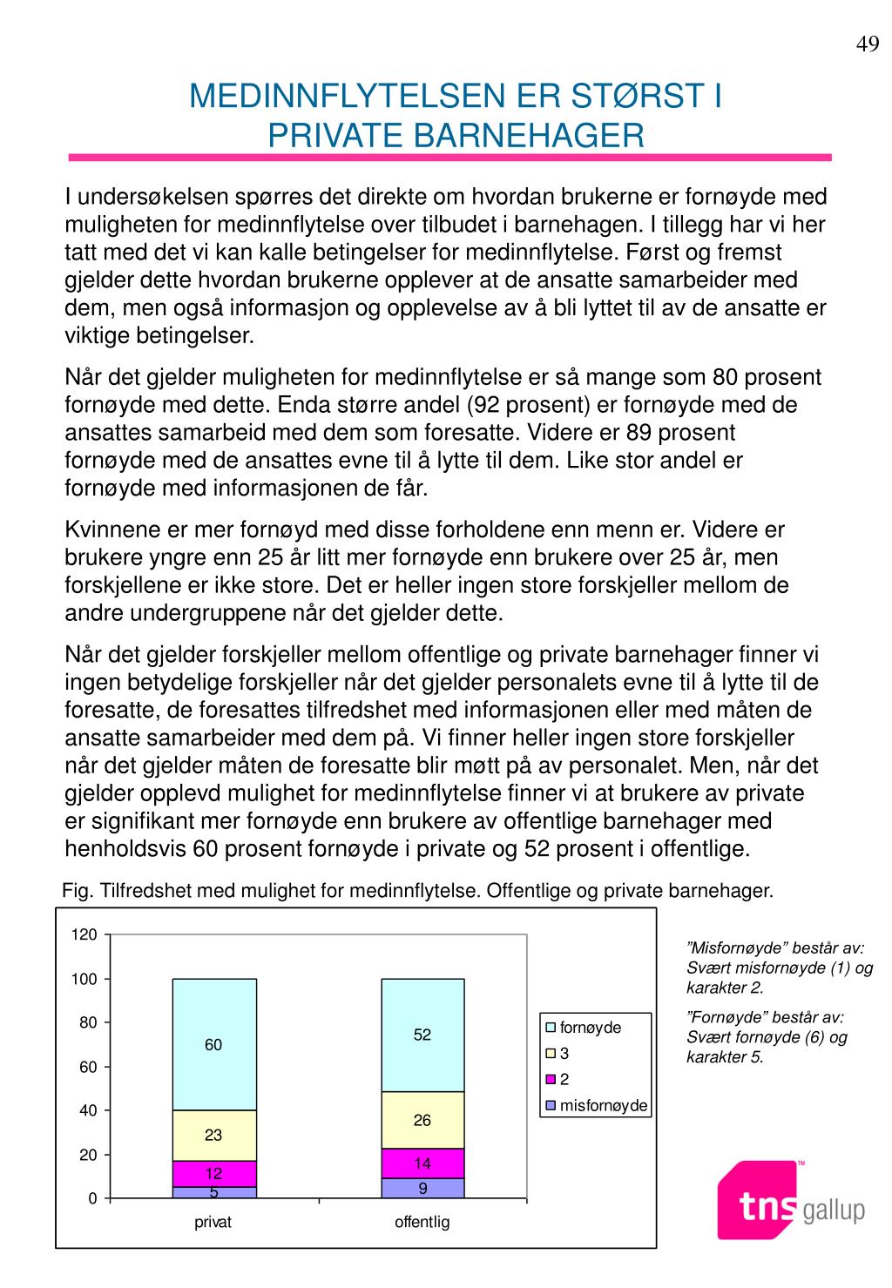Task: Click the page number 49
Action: [868, 45]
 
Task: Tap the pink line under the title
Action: [449, 158]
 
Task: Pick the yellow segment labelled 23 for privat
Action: [214, 1136]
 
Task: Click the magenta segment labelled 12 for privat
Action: [214, 1173]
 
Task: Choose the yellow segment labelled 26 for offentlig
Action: [422, 1120]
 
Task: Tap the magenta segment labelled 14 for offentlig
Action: [422, 1163]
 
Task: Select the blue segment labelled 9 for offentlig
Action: [422, 1188]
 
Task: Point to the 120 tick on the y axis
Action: [84, 935]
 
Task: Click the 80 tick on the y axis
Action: [88, 1023]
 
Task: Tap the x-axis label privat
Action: [213, 1222]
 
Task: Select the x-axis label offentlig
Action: [422, 1222]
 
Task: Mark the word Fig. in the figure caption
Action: [78, 891]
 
